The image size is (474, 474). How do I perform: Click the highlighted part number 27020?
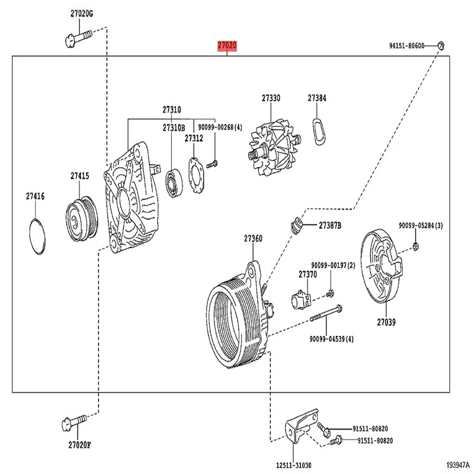click(x=227, y=46)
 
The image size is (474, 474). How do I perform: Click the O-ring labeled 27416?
click(x=37, y=235)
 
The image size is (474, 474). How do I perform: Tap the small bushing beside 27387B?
click(x=297, y=226)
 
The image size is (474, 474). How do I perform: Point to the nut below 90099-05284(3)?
click(x=417, y=246)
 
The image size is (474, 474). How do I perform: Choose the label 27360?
click(x=253, y=239)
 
